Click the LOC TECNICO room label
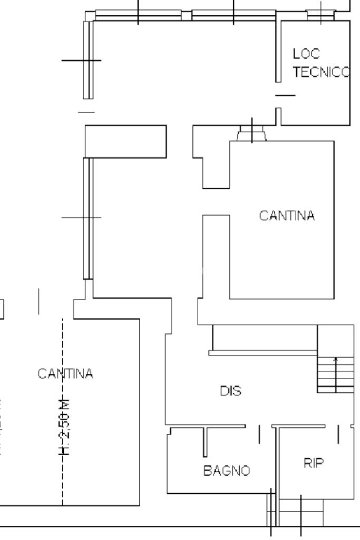tap(320, 63)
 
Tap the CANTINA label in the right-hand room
tap(287, 216)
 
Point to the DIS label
tap(230, 391)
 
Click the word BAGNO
tap(227, 470)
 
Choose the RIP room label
tap(314, 463)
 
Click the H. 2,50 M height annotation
tap(64, 427)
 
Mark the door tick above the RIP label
tap(338, 433)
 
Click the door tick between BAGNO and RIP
tap(259, 434)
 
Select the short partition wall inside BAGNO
tap(205, 441)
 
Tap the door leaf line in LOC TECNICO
tap(285, 95)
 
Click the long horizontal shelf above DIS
tap(263, 352)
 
